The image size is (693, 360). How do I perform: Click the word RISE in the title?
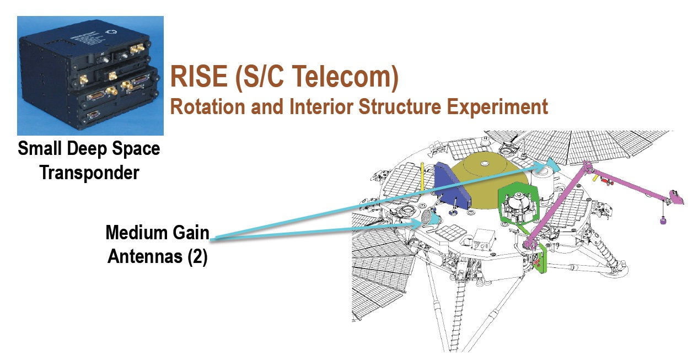[199, 77]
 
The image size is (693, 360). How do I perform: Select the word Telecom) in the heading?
[345, 77]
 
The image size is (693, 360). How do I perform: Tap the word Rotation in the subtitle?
[208, 107]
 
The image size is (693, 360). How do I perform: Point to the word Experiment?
[497, 108]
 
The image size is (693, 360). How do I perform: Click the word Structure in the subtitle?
[399, 107]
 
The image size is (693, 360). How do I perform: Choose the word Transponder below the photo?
[89, 173]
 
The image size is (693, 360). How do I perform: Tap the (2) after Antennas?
[197, 256]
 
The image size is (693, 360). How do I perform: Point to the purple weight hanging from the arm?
[663, 221]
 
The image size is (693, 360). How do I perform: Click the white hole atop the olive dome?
[485, 163]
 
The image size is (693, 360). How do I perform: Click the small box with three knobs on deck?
[482, 239]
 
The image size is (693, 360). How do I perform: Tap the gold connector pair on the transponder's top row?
[137, 49]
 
